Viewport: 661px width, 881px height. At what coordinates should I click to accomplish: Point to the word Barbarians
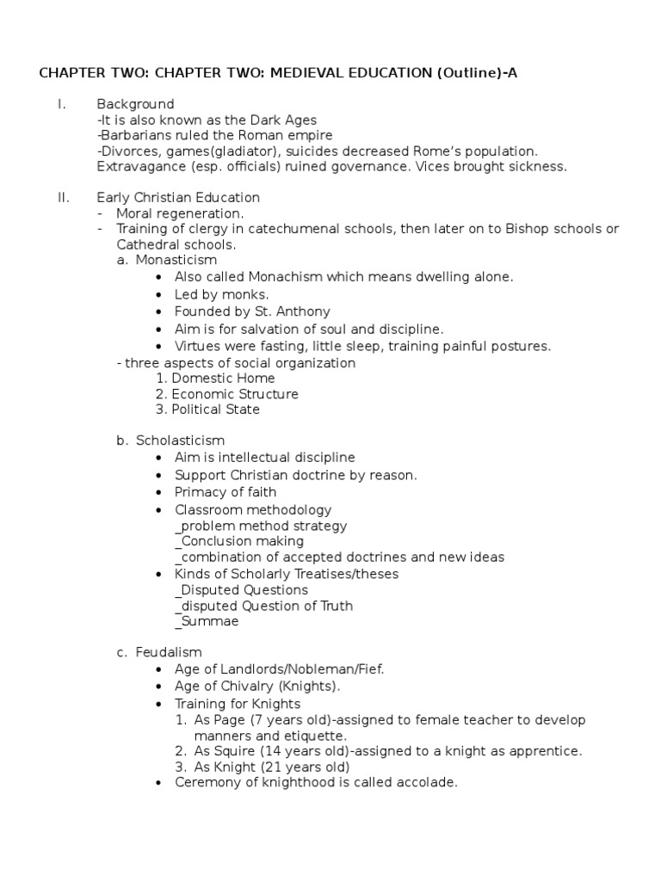click(x=133, y=136)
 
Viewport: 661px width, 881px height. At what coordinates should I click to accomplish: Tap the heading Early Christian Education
click(x=178, y=198)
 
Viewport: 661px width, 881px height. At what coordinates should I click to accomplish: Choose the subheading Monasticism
click(x=176, y=260)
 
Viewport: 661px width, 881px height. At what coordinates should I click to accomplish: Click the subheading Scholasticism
click(x=180, y=440)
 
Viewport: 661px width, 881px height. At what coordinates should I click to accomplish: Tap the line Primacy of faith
click(x=225, y=492)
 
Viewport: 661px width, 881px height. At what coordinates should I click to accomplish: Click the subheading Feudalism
click(x=169, y=653)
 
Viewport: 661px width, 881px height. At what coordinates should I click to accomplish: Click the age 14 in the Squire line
click(x=252, y=751)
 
